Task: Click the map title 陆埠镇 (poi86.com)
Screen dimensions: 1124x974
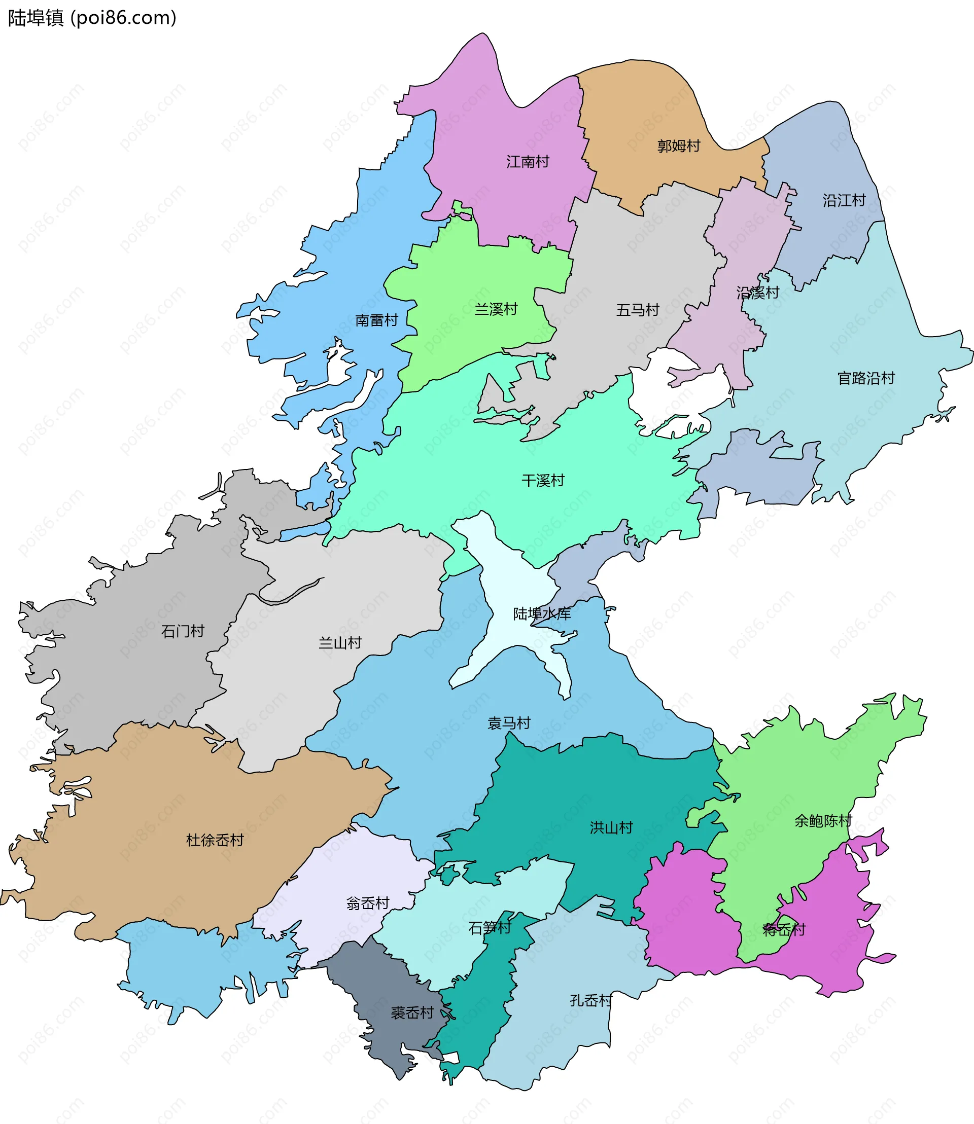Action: (92, 18)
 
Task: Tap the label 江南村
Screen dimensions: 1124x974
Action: (527, 162)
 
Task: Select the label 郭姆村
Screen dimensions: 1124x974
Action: (678, 146)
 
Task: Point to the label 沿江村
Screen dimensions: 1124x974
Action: (844, 200)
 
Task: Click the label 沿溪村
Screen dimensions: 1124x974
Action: (758, 293)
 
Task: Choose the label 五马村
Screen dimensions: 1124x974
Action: (637, 310)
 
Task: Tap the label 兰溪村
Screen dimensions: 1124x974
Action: (496, 309)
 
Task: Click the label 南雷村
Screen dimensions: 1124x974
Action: (376, 320)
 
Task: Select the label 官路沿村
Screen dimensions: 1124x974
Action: (866, 378)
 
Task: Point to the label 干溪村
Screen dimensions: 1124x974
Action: (542, 480)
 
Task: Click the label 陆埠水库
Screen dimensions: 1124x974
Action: (542, 614)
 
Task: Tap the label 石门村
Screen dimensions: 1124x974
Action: (183, 631)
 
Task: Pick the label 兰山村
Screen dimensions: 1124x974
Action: (340, 643)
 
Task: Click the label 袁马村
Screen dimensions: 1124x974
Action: (509, 723)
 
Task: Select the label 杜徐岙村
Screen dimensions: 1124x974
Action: (215, 841)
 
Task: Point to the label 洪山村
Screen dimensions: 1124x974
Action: (611, 828)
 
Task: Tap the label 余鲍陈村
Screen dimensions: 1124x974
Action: (823, 821)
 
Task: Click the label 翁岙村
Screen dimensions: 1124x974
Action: (368, 903)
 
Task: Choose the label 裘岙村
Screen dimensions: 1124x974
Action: (412, 1012)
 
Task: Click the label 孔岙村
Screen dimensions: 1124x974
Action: (591, 1001)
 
